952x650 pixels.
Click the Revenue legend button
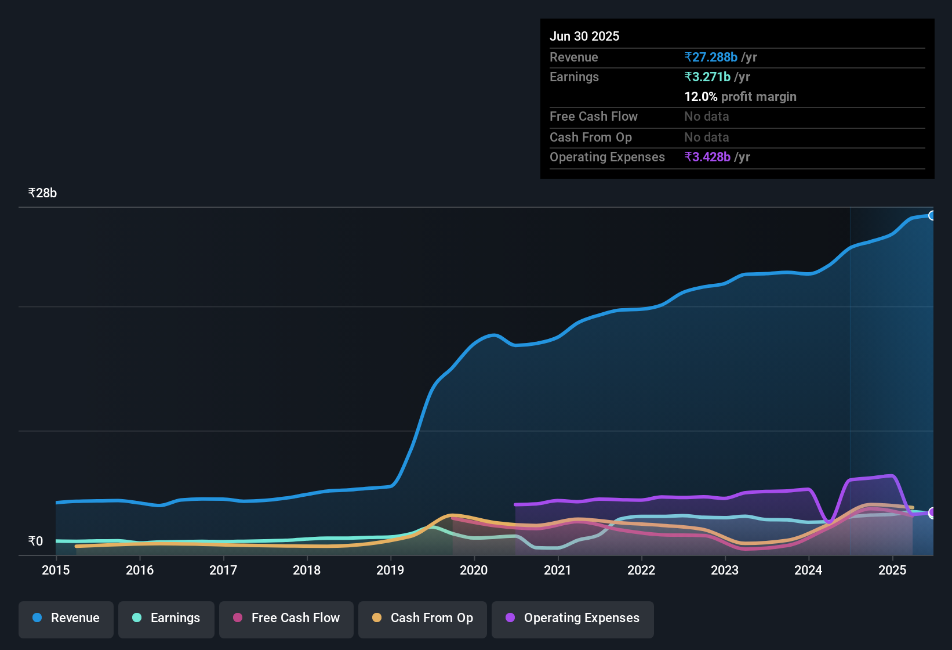[66, 618]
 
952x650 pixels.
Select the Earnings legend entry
[166, 618]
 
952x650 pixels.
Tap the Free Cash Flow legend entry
[286, 618]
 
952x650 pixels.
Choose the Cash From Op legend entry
[423, 618]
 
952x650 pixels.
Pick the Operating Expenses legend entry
[573, 618]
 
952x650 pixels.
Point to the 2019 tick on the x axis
[390, 570]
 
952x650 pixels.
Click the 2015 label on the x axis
[56, 570]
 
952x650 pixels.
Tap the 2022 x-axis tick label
[641, 570]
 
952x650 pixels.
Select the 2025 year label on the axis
[892, 570]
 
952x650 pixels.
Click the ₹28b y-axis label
[42, 193]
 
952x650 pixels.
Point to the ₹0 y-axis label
[36, 541]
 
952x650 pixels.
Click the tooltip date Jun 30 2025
[584, 36]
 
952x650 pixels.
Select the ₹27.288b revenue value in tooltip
[711, 57]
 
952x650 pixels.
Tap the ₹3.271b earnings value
[707, 77]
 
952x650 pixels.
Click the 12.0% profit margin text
[740, 96]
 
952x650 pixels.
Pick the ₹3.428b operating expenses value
[707, 157]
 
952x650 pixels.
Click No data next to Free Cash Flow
[707, 116]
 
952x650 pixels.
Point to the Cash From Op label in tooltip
[591, 137]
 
